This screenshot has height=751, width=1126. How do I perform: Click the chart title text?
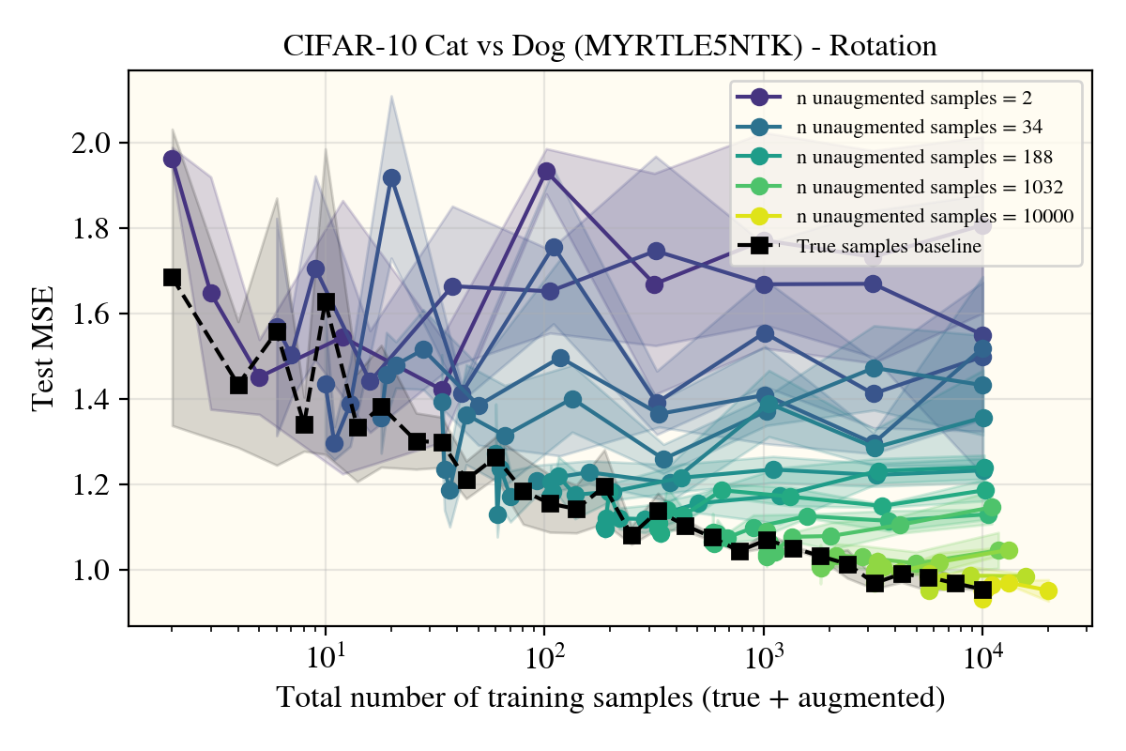pos(610,47)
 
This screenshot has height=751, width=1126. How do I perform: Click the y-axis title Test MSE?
pos(43,356)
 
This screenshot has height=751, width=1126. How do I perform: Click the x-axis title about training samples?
pos(610,698)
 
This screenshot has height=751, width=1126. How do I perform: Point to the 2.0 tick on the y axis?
pos(93,144)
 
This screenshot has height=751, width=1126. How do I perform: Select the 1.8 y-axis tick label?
pos(93,229)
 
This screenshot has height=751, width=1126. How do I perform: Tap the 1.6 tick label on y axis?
pos(93,314)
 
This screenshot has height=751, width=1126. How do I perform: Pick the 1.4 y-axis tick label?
pos(93,400)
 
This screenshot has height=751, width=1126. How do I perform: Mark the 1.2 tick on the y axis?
pos(93,485)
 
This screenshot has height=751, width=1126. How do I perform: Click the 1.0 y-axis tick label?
pos(93,571)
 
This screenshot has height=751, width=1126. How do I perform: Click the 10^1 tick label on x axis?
pos(325,653)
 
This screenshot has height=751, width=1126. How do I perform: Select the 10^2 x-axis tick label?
pos(544,653)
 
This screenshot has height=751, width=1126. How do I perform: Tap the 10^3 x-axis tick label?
pos(763,653)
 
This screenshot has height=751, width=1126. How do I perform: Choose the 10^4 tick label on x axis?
pos(982,653)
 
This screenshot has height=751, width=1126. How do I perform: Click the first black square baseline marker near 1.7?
pos(172,277)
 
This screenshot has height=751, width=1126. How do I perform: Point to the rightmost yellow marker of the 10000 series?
pos(1048,591)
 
